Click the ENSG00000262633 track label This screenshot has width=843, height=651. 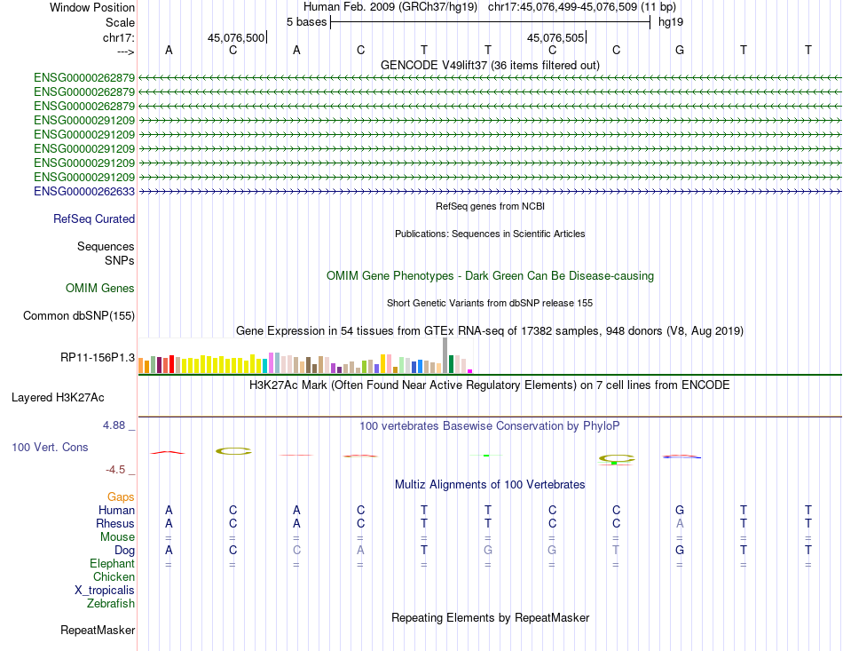pos(84,191)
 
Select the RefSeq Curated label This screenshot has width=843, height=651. pos(94,218)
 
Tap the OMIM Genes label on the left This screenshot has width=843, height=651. pos(100,288)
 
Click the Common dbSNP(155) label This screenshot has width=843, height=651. pos(79,315)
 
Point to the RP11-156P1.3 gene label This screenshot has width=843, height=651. pos(98,357)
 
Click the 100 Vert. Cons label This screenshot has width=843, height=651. pos(50,447)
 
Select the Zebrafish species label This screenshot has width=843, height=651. pos(111,604)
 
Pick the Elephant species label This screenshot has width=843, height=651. pos(112,563)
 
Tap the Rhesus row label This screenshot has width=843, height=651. pos(115,523)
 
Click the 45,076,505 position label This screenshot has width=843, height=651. pos(555,37)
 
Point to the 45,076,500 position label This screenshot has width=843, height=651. pos(236,37)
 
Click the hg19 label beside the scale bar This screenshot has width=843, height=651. pos(671,21)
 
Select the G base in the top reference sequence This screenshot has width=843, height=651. pos(680,50)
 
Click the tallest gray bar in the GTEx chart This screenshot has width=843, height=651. pos(445,355)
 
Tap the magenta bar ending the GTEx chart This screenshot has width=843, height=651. pos(469,370)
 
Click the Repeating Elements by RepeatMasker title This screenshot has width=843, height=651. pos(490,617)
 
